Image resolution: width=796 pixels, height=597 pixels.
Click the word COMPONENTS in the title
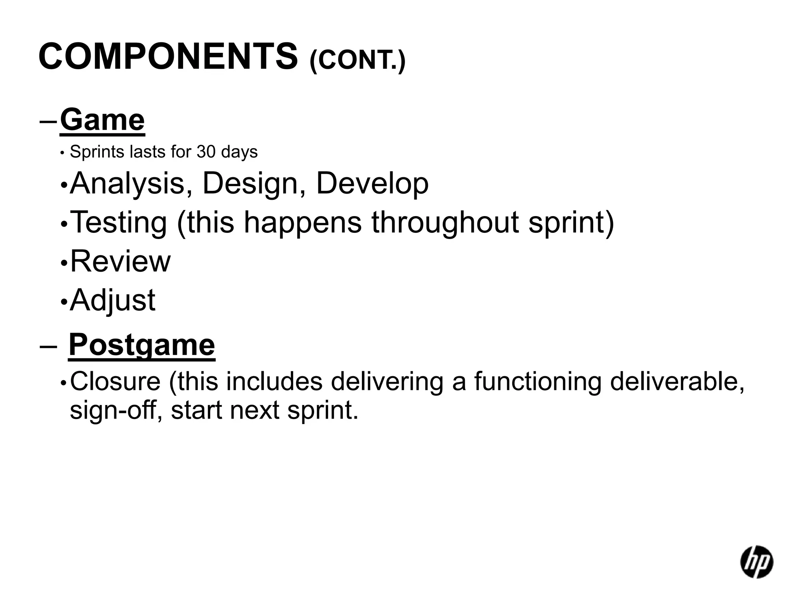[x=168, y=57]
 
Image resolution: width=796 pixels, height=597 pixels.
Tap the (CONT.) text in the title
[x=357, y=61]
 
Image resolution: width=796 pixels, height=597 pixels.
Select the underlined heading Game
[x=102, y=120]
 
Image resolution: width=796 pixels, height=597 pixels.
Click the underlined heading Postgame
[x=141, y=345]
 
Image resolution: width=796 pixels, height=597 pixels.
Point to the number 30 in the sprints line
[x=206, y=152]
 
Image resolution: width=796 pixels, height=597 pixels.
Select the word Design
[x=253, y=183]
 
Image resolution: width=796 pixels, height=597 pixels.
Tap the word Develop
[x=372, y=183]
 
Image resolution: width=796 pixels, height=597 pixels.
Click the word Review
[x=120, y=261]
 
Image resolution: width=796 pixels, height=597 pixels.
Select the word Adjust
[x=113, y=300]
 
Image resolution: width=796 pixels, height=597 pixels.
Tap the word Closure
[x=115, y=381]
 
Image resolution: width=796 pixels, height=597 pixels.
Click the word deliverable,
[x=677, y=381]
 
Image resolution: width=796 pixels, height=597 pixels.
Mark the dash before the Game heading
[x=49, y=121]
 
